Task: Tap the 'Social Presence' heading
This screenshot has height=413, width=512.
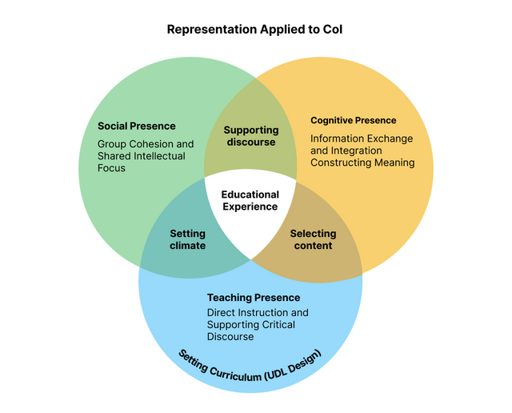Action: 136,126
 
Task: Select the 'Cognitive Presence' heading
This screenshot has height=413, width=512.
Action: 353,121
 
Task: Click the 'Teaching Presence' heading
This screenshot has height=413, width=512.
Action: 254,298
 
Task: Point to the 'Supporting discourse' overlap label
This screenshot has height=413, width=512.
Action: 250,136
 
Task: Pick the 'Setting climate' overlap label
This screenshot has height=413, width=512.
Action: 187,239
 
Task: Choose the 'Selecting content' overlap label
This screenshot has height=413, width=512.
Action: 313,239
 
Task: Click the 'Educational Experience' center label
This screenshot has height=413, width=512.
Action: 250,200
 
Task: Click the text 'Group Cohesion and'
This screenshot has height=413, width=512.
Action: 140,144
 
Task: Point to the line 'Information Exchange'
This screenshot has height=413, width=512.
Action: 362,138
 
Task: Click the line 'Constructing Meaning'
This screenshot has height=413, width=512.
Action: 362,162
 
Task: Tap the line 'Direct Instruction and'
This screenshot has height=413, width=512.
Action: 258,312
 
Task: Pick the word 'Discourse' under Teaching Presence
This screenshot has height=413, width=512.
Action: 230,337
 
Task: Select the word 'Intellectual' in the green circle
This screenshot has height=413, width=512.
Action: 158,156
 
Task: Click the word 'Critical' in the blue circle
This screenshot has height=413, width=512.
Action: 277,325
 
